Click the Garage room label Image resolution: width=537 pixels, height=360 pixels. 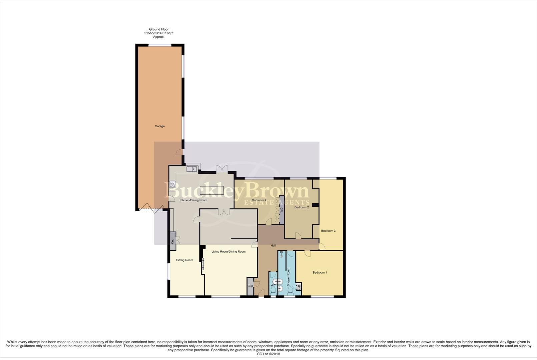click(x=160, y=126)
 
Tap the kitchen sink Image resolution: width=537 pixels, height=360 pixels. click(x=192, y=169)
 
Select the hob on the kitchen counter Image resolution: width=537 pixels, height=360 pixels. click(x=172, y=184)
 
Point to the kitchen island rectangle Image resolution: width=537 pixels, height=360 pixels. click(x=211, y=190)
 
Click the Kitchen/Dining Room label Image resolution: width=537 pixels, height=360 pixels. click(x=193, y=200)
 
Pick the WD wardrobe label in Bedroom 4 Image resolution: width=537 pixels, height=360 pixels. click(x=282, y=210)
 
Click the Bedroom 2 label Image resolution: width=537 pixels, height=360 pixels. click(x=302, y=207)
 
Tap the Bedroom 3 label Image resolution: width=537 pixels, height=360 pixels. click(x=328, y=231)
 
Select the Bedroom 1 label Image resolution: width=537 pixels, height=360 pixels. click(x=320, y=272)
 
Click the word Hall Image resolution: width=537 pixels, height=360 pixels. click(x=273, y=246)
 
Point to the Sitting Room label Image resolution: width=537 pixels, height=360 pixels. click(x=184, y=260)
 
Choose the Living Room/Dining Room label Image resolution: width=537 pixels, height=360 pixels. click(x=228, y=252)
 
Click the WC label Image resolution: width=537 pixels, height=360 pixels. click(x=273, y=285)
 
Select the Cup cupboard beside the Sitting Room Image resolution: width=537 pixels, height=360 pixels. click(x=172, y=240)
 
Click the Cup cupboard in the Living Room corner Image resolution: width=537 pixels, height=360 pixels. click(x=250, y=286)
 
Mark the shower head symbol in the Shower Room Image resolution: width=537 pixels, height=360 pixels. click(x=282, y=254)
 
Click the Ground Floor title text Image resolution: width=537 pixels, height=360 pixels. click(x=158, y=29)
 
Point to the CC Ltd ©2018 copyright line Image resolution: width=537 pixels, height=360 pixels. click(x=268, y=354)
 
